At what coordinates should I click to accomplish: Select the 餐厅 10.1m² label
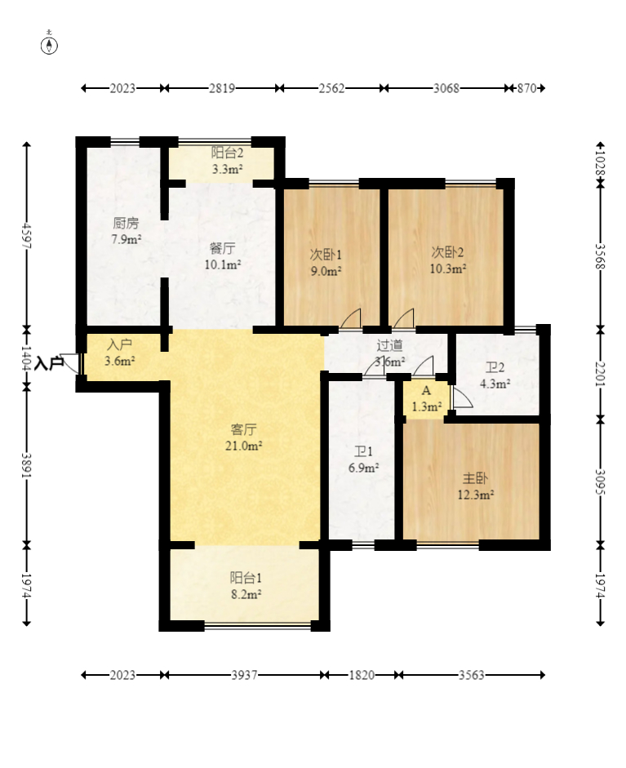click(222, 256)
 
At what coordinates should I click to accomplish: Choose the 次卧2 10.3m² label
click(448, 260)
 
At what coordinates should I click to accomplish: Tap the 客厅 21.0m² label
click(243, 438)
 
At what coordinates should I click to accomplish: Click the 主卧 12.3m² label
click(475, 486)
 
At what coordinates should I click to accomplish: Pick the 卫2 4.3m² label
click(495, 375)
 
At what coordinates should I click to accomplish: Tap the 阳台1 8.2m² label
click(246, 586)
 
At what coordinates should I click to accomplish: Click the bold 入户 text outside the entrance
click(50, 363)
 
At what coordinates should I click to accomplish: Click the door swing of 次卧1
click(351, 318)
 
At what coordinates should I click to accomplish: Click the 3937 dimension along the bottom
click(244, 676)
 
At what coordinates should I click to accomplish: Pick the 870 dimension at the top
click(526, 88)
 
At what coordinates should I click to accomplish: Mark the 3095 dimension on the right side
click(601, 482)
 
